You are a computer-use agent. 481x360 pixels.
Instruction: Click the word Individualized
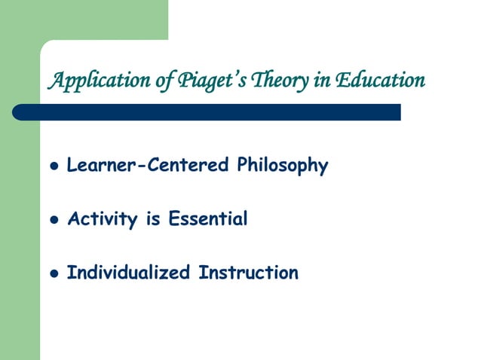click(128, 273)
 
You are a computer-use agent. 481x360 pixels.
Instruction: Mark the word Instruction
click(248, 273)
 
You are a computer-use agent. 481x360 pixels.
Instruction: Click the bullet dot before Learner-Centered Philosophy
click(52, 166)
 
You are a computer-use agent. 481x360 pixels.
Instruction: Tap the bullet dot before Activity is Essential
click(52, 221)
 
